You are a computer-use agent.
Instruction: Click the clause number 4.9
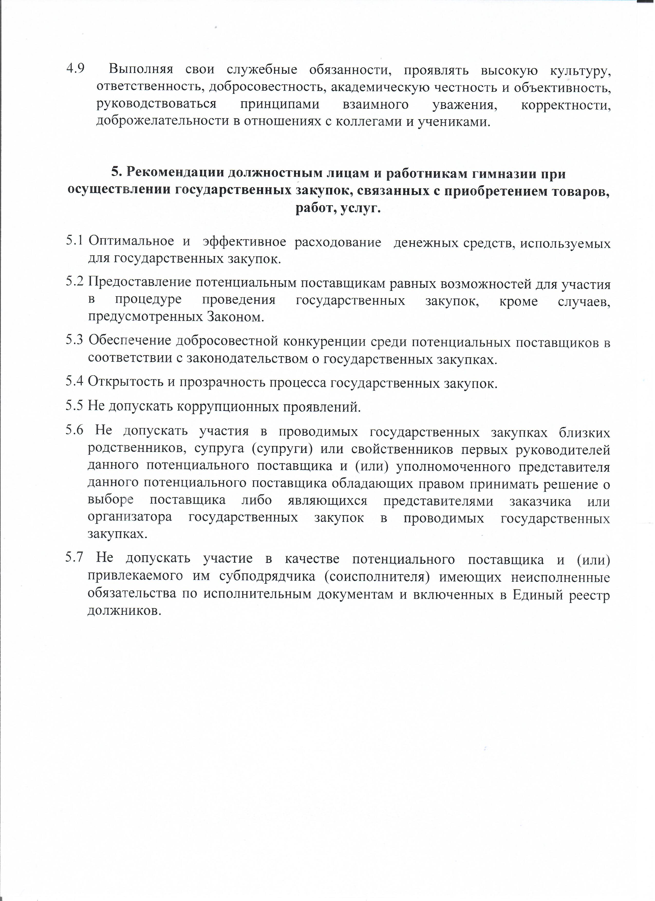pos(76,69)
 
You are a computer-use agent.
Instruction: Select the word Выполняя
pos(141,70)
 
